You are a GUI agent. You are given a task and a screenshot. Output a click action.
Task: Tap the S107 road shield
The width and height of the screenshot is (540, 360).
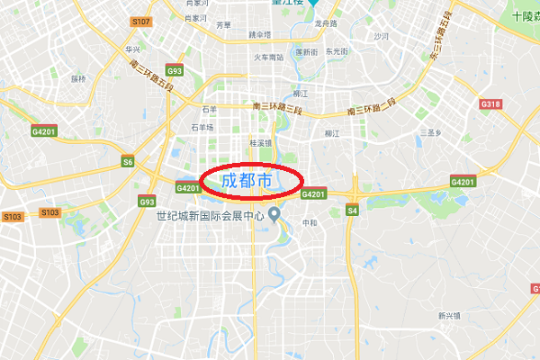coord(140,20)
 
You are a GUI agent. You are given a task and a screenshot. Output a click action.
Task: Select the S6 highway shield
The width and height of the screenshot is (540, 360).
coord(128,162)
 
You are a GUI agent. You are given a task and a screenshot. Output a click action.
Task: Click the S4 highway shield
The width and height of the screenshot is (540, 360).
coord(352,211)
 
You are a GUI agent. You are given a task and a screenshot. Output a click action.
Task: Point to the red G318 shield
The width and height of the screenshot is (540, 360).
coord(490,104)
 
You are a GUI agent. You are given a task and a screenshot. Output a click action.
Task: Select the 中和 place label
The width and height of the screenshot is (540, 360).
coord(310,222)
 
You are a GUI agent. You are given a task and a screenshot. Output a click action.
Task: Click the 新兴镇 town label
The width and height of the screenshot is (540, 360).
coord(448,316)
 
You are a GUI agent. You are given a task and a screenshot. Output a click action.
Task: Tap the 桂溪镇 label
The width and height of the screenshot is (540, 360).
coord(260,143)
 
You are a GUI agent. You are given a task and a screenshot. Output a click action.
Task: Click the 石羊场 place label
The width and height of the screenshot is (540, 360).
coord(202,128)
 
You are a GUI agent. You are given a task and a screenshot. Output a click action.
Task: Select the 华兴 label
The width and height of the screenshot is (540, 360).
coord(133,49)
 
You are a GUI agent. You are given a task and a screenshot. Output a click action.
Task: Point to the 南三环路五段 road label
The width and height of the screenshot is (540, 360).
coord(148,69)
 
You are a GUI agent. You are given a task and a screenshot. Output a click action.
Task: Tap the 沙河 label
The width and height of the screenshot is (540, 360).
coord(382,37)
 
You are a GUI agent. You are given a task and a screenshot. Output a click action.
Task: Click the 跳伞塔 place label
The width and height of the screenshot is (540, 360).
coord(259,34)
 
